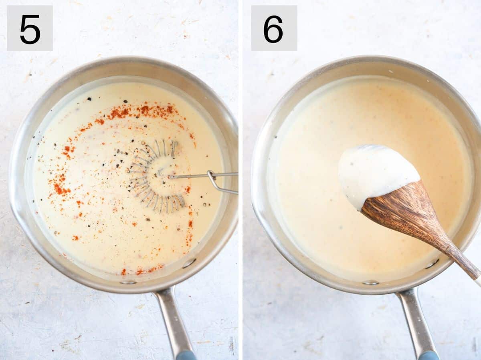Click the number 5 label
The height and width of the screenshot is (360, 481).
[x=30, y=28]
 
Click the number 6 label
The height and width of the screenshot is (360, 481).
[x=274, y=28]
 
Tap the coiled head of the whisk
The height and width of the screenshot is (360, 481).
[x=156, y=176]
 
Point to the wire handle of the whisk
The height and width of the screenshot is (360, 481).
[x=200, y=175]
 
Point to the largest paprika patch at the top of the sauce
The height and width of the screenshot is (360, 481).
[x=120, y=113]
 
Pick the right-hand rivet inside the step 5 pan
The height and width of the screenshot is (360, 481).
[x=188, y=263]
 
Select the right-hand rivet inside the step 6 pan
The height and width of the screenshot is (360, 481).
[x=432, y=263]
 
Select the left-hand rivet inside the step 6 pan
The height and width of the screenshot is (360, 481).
[x=371, y=282]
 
